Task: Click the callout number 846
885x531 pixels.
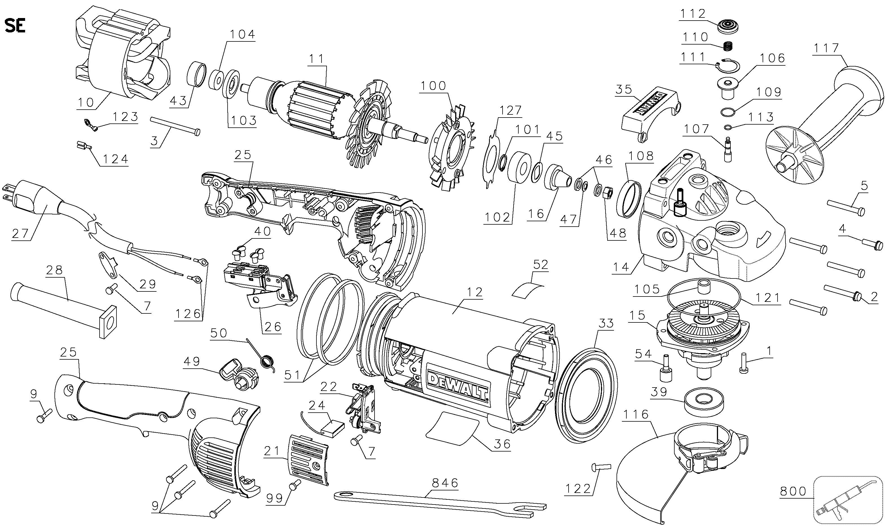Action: coord(445,483)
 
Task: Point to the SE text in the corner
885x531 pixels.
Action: coord(15,26)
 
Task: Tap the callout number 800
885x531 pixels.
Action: coord(793,492)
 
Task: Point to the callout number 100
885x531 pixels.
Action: coord(433,86)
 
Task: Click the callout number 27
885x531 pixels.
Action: coord(20,233)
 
